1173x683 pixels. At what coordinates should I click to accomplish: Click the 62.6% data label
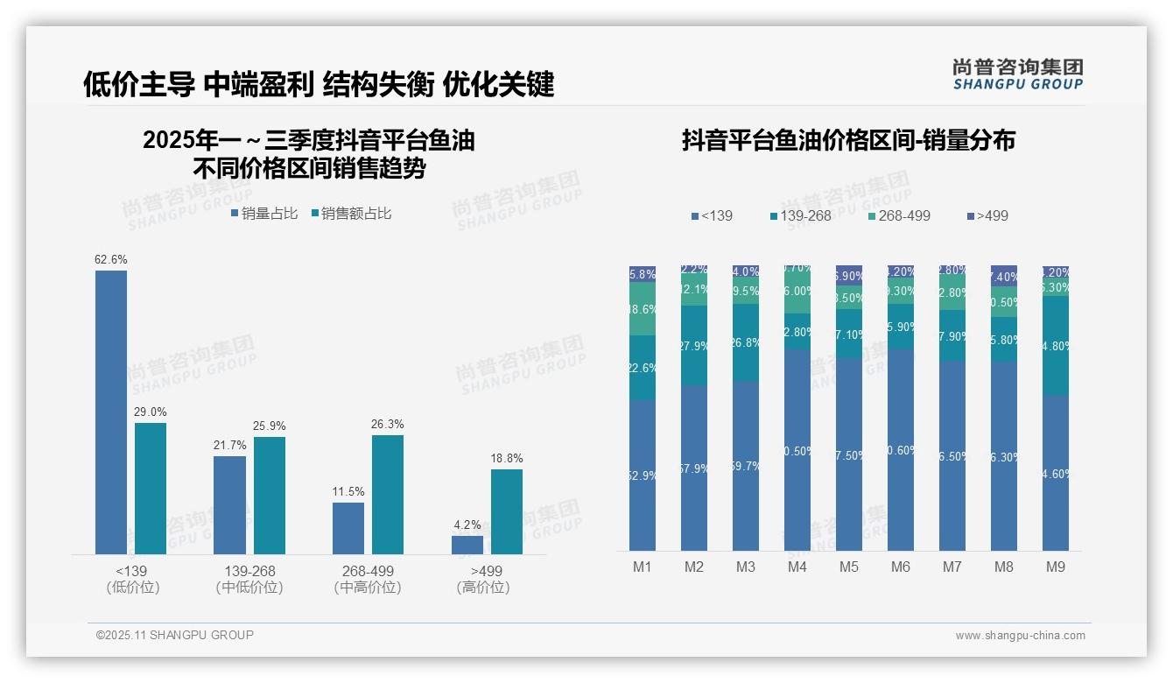tap(111, 259)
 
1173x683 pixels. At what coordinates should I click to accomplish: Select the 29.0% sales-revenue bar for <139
tap(151, 488)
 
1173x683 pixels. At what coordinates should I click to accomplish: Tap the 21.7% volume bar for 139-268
tap(229, 504)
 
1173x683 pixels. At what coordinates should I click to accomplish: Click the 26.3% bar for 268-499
tap(388, 494)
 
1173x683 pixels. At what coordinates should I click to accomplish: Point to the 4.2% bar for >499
tap(467, 545)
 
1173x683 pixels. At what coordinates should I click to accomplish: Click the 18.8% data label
tap(507, 458)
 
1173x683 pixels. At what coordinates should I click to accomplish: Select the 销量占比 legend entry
tap(264, 214)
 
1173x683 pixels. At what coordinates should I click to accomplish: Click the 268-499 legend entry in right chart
tap(899, 215)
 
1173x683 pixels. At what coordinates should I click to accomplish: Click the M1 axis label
tap(643, 567)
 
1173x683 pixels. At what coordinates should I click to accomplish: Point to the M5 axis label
tap(849, 567)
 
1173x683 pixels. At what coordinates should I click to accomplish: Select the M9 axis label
tap(1056, 567)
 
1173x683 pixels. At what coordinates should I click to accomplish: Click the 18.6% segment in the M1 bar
tap(643, 309)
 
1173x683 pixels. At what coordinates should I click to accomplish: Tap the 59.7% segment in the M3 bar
tap(746, 466)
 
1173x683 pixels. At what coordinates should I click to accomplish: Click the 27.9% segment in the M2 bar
tap(694, 346)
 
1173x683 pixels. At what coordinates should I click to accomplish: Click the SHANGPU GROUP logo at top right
tap(1017, 74)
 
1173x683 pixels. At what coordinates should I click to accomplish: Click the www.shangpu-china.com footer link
tap(1020, 636)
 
